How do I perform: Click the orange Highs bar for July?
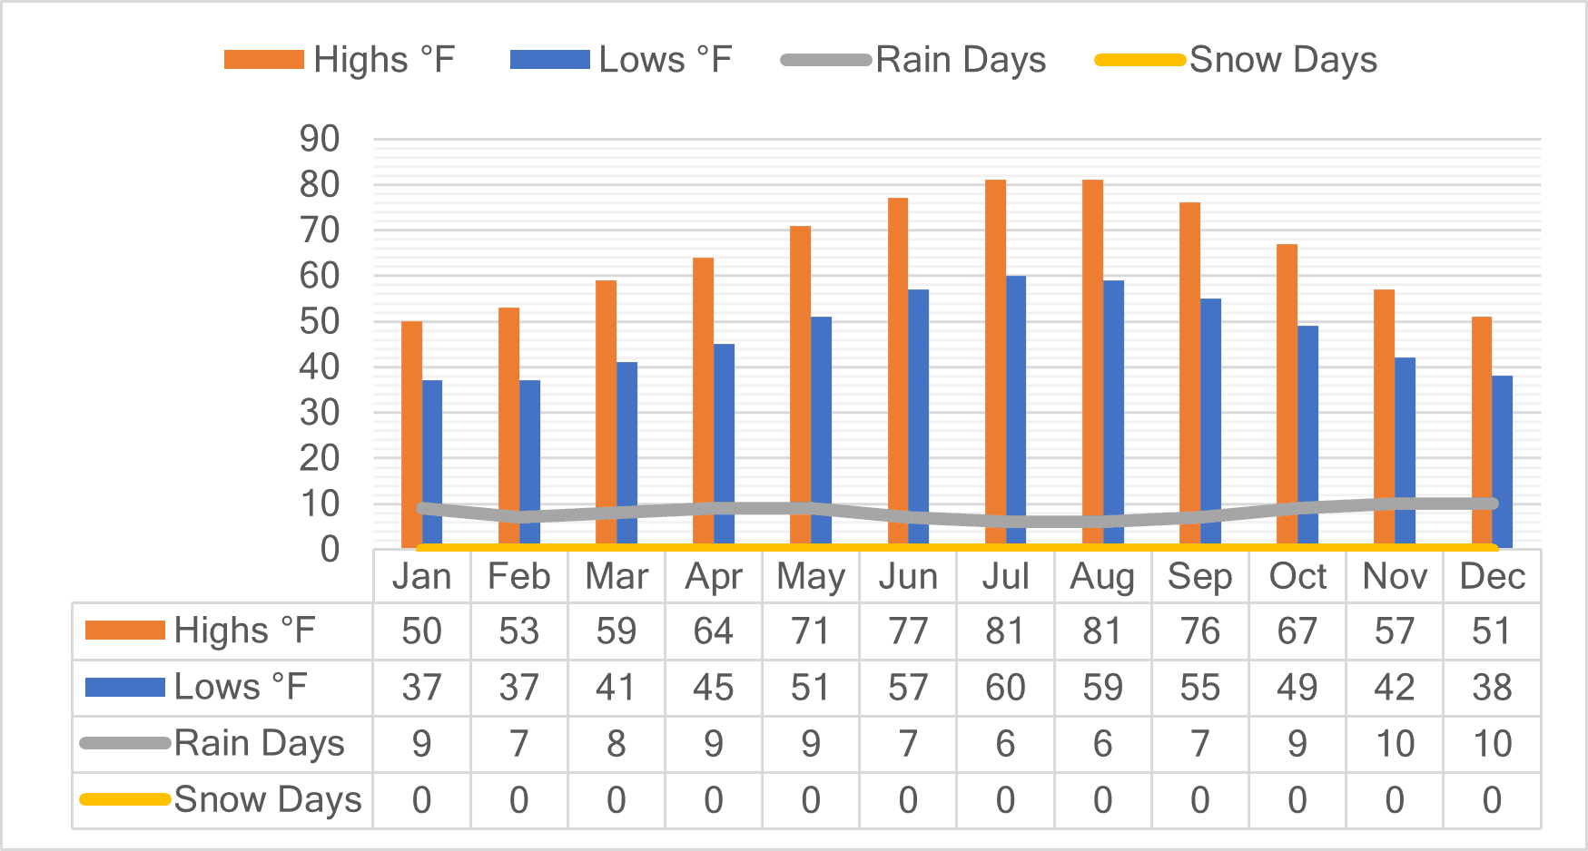995,364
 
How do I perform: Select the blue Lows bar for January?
432,464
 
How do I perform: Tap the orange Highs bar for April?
703,403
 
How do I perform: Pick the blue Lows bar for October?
1307,436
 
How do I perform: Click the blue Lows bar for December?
1502,462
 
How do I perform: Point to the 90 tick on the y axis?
320,139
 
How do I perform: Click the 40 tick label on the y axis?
320,367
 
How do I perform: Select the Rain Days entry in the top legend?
913,60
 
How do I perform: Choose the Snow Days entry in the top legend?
1237,60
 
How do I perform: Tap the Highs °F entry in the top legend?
340,60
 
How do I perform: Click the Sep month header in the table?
1199,577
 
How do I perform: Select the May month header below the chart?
811,577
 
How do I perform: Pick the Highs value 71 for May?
811,631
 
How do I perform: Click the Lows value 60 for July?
1005,688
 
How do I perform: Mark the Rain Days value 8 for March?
616,744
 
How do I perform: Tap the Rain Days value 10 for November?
1395,744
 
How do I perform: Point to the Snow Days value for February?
518,800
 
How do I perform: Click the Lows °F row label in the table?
196,687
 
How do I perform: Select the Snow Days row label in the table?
221,799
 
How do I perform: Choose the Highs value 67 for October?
1297,631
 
